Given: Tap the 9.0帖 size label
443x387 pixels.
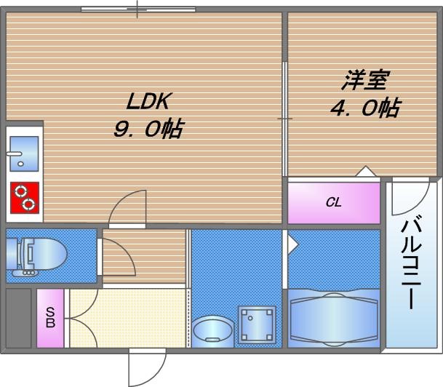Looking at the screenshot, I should tap(146, 129).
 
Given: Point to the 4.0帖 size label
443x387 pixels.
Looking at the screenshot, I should tap(364, 108).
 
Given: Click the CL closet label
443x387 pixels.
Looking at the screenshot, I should tap(333, 203).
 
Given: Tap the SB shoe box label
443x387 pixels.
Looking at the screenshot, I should tap(50, 319).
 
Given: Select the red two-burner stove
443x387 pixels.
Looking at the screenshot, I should tap(24, 196).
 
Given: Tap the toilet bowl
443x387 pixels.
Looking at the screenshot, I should tap(40, 255).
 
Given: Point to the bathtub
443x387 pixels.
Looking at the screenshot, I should tap(333, 316).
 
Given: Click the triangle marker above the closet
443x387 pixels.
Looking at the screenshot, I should tap(366, 172).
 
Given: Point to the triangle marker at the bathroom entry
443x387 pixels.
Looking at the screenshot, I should tap(292, 243).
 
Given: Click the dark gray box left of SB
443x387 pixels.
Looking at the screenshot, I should tap(18, 318).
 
